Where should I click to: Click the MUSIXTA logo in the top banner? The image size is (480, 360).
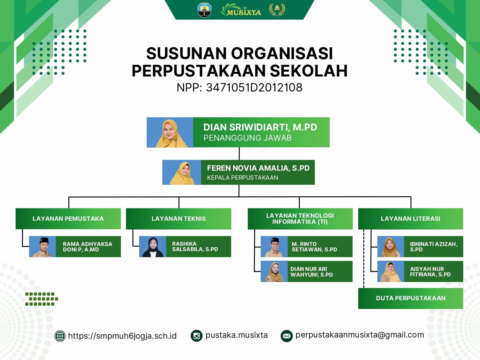(241, 10)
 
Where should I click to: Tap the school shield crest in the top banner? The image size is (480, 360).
(204, 10)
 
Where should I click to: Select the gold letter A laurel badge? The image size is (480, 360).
(277, 10)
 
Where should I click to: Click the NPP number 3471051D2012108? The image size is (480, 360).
(254, 88)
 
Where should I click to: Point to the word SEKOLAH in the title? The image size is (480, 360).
(309, 71)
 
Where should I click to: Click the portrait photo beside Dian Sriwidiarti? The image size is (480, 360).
(170, 133)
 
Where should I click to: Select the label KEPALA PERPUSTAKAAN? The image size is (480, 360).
(242, 178)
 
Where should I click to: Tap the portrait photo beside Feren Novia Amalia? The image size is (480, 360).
(181, 172)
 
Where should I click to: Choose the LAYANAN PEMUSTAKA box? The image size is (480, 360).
(68, 219)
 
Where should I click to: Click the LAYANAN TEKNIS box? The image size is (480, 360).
(179, 219)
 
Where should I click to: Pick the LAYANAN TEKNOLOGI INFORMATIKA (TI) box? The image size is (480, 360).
(300, 219)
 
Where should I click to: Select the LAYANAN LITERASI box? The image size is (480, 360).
(411, 219)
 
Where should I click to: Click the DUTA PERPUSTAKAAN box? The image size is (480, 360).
(411, 298)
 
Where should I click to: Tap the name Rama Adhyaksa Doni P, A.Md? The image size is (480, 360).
(88, 247)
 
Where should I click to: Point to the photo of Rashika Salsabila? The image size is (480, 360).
(153, 247)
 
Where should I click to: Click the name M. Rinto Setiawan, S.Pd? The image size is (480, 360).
(314, 247)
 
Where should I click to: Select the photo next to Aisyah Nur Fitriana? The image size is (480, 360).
(391, 271)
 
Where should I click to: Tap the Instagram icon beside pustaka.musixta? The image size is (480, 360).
(196, 336)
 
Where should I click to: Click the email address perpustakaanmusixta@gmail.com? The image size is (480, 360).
(360, 335)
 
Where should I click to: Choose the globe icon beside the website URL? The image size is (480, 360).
(60, 336)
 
